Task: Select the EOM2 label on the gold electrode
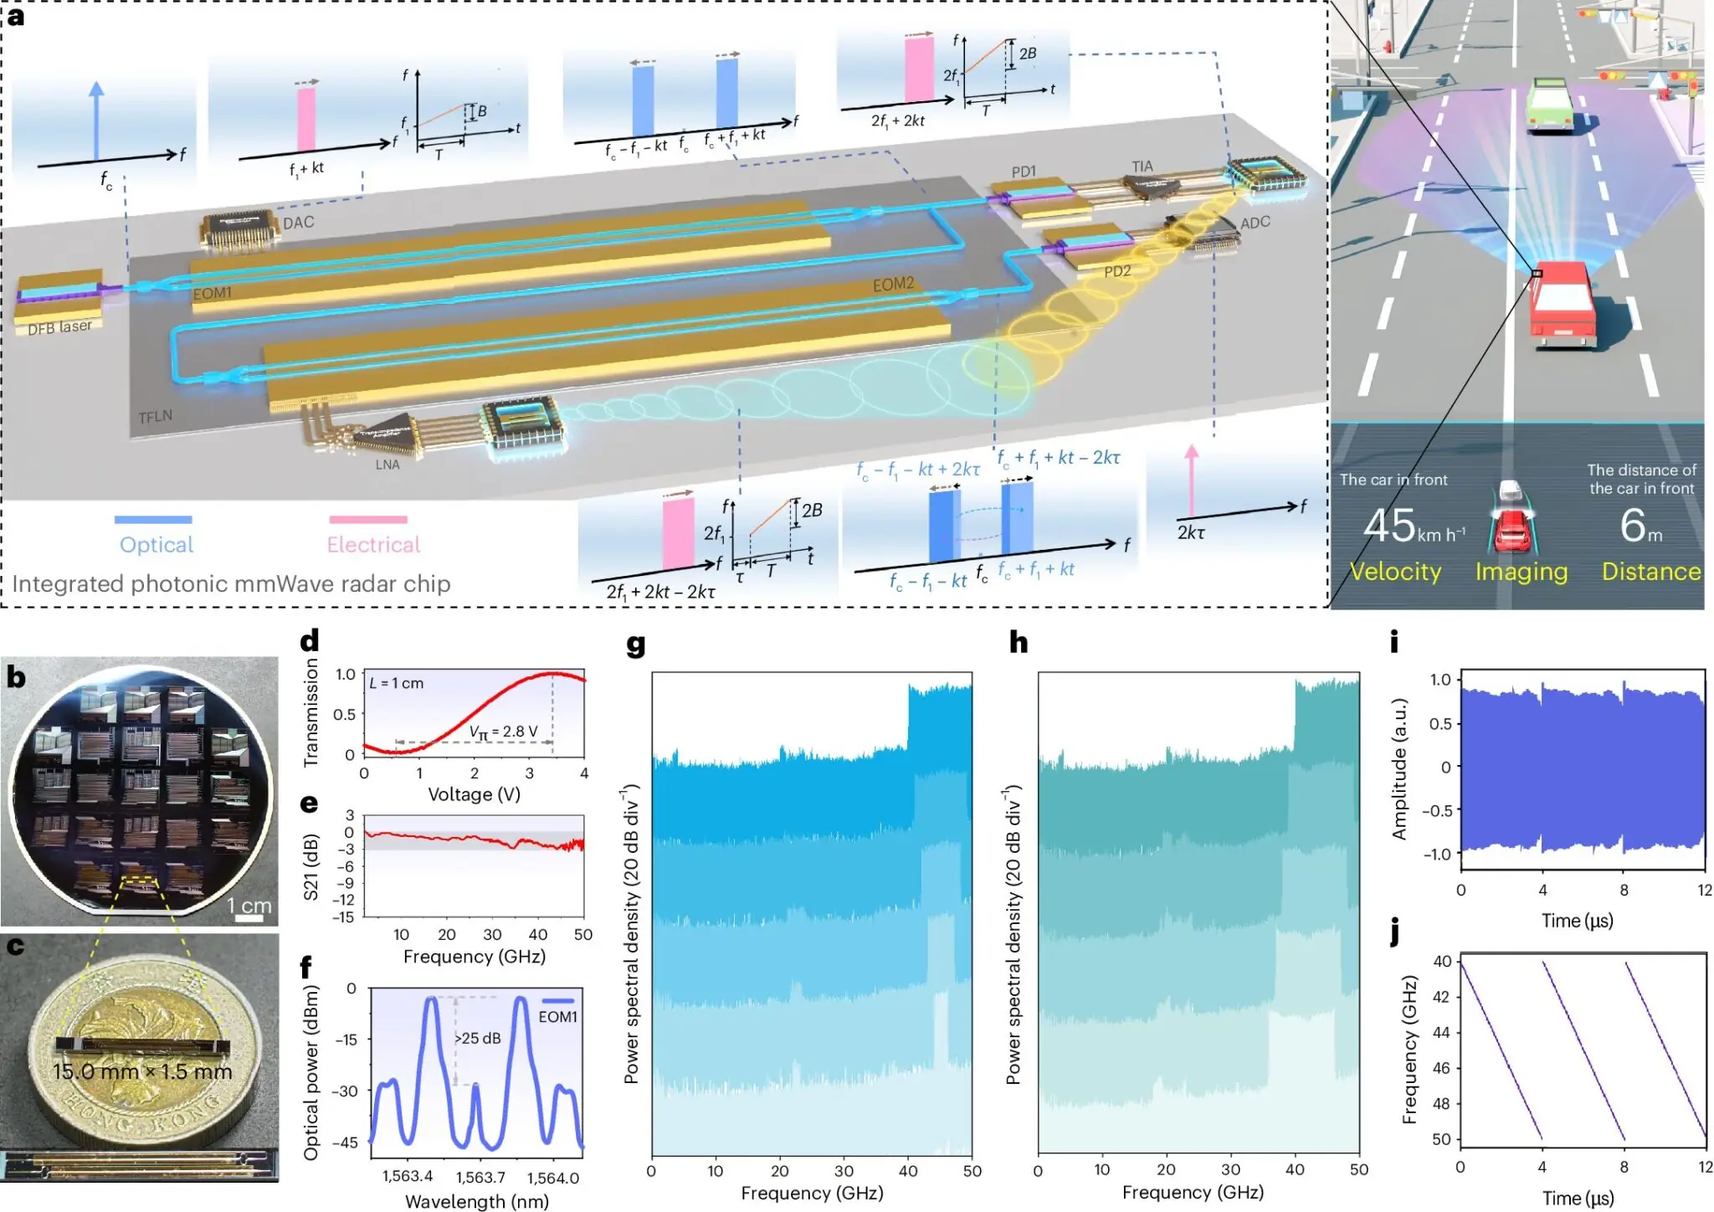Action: (x=893, y=285)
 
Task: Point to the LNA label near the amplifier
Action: (x=387, y=465)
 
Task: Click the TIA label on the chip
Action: (x=1142, y=167)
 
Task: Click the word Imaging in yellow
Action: (x=1521, y=572)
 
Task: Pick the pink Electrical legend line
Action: (x=368, y=520)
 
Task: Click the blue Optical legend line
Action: (x=153, y=520)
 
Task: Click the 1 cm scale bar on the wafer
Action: (x=249, y=918)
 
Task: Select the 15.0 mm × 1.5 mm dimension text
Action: (x=141, y=1071)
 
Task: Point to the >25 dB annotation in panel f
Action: (x=477, y=1038)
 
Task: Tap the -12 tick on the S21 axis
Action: (x=345, y=900)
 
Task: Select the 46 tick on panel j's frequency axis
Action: (x=1440, y=1068)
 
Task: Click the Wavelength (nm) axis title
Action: (x=476, y=1201)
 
